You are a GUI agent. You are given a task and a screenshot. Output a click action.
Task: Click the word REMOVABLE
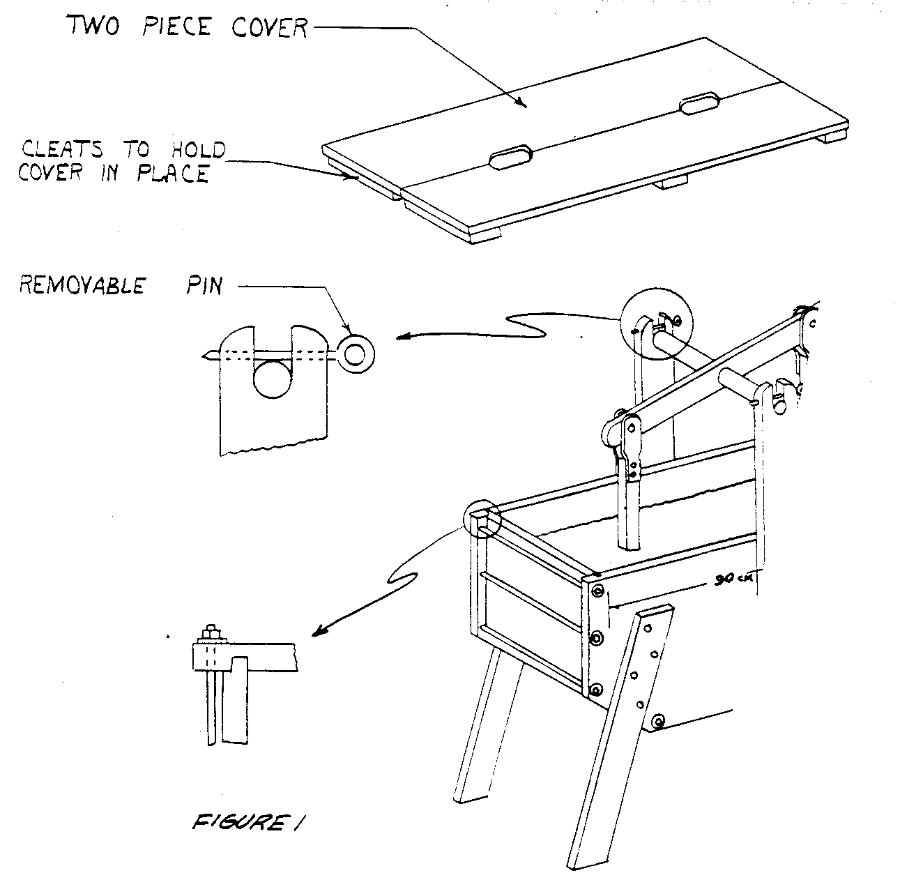pos(82,285)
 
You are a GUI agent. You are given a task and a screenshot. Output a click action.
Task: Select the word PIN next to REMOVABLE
pos(204,285)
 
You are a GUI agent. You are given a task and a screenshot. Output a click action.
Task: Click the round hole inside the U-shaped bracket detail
pos(273,381)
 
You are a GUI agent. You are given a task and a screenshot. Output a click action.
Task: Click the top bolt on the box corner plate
pos(597,591)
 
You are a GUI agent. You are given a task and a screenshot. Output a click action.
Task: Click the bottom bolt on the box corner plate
pos(596,691)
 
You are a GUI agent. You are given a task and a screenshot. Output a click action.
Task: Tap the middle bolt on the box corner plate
pos(597,639)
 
